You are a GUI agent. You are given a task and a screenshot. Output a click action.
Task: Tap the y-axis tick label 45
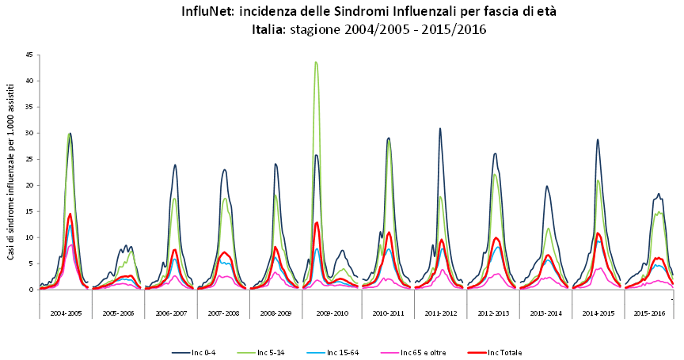tap(29, 55)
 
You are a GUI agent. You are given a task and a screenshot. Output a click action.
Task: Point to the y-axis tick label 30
tap(29, 133)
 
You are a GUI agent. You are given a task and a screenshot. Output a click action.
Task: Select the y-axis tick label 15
tap(29, 211)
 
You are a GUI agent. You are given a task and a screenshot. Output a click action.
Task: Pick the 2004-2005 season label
tap(66, 313)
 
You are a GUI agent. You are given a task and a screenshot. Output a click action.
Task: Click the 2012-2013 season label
tap(492, 313)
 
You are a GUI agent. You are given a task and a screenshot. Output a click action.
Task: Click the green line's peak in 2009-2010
tap(316, 62)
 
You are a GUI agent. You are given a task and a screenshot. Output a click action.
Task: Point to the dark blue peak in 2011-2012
tap(440, 128)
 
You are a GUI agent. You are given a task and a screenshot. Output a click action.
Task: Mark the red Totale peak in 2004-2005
tap(70, 214)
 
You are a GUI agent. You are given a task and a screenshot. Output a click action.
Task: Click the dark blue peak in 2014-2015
tap(598, 139)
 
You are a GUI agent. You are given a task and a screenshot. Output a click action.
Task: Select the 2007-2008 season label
tap(224, 313)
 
